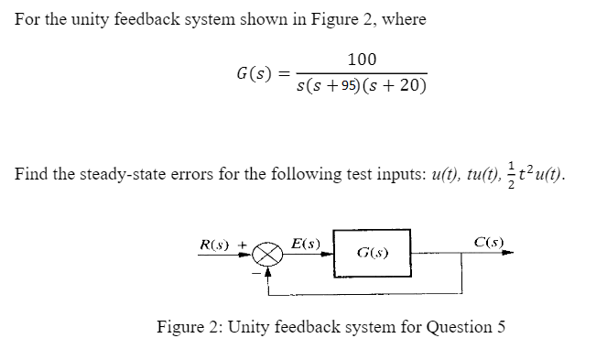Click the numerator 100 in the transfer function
click(362, 60)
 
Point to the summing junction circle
click(267, 254)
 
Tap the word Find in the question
click(30, 173)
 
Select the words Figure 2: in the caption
click(190, 326)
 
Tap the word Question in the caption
click(453, 326)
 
